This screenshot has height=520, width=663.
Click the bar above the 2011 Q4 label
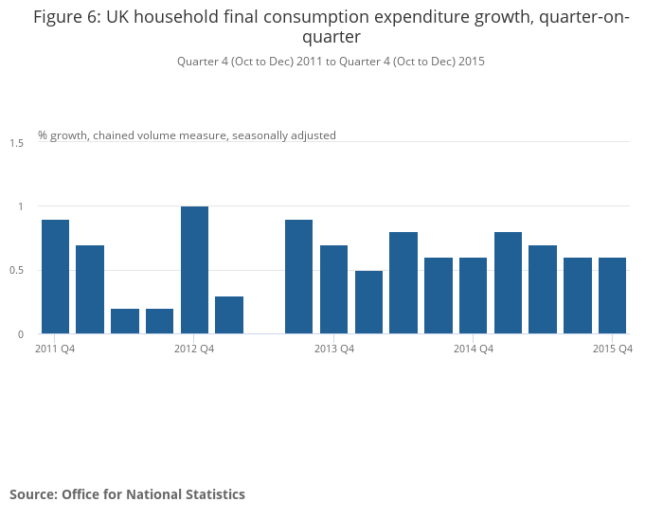[x=55, y=277]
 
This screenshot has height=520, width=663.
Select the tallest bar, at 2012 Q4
[x=194, y=270]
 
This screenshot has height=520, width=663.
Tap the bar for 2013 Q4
[x=333, y=289]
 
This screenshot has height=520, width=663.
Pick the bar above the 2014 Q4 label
[x=473, y=296]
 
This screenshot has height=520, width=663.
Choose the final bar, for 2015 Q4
[x=612, y=296]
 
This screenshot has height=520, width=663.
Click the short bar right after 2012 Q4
[x=229, y=315]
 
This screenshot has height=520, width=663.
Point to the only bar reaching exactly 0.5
[x=368, y=302]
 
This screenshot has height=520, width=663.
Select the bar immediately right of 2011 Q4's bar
[x=90, y=289]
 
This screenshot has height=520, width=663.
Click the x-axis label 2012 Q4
[x=194, y=350]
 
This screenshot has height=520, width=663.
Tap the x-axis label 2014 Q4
[x=473, y=350]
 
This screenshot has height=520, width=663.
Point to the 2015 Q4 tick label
[x=612, y=350]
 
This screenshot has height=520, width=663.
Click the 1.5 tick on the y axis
[x=17, y=143]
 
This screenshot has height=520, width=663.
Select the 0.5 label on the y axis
[x=17, y=271]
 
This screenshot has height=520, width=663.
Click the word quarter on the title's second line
[x=331, y=38]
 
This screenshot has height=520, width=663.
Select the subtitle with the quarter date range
[x=331, y=61]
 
